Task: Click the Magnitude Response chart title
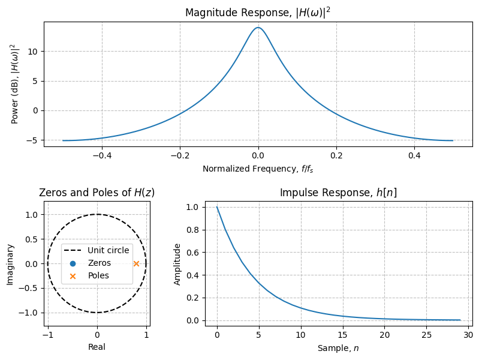(x=258, y=13)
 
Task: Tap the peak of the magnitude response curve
(x=258, y=28)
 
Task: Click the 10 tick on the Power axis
(x=34, y=52)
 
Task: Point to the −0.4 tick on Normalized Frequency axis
(x=102, y=155)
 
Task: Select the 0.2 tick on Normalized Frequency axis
(x=336, y=155)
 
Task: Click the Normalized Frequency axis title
(x=258, y=169)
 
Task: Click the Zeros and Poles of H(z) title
(x=97, y=193)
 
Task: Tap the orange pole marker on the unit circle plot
(x=136, y=263)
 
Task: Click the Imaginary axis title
(x=11, y=263)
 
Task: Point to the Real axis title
(x=97, y=347)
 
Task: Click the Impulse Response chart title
(x=338, y=193)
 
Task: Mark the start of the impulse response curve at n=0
(x=217, y=207)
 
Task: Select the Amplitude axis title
(x=177, y=263)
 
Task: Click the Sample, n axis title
(x=338, y=347)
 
